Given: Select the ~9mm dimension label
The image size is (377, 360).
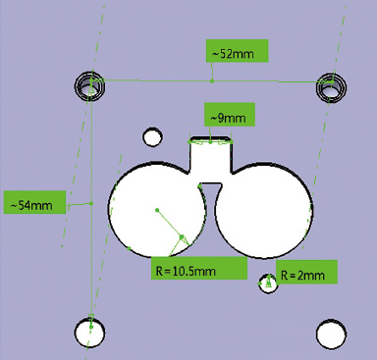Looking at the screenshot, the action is tap(229, 118).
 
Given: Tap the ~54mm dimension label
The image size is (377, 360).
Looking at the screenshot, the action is tap(34, 205).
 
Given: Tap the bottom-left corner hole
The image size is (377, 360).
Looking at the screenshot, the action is tap(89, 334).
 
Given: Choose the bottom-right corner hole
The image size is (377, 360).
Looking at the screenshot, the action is tap(330, 335).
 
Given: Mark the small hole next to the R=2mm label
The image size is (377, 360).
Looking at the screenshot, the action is tap(267, 284).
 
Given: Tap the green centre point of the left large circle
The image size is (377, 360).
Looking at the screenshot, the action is tap(157, 210).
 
